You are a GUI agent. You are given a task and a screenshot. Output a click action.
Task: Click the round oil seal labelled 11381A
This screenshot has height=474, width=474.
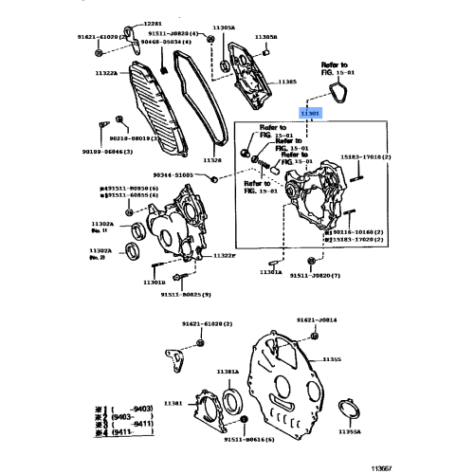[x=233, y=396]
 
